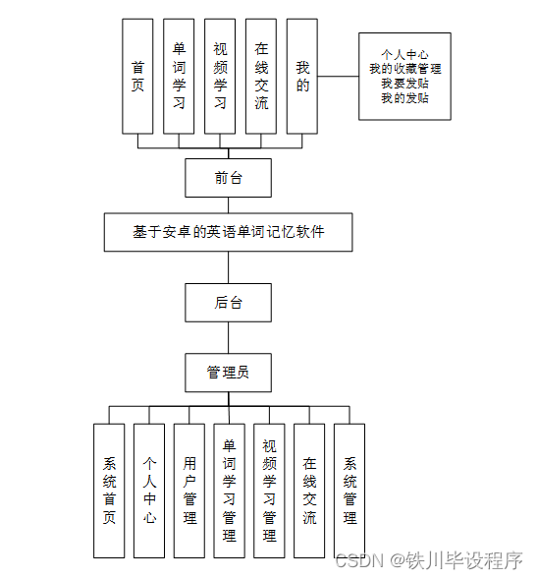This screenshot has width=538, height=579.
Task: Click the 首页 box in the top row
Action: click(x=137, y=77)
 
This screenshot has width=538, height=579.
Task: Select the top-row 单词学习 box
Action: click(x=179, y=77)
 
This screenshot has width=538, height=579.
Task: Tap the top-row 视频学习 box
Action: click(x=220, y=77)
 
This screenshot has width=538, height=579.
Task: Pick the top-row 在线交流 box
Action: click(x=261, y=77)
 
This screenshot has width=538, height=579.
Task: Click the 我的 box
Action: click(x=302, y=77)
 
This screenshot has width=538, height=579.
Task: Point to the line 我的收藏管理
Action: click(x=404, y=69)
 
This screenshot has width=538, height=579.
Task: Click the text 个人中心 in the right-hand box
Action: click(x=404, y=55)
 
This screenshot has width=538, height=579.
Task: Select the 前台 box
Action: click(x=228, y=178)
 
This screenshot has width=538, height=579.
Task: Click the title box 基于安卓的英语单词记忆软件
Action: click(x=228, y=232)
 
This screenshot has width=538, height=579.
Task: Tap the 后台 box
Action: click(x=228, y=303)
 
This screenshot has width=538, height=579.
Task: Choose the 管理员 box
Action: click(x=228, y=373)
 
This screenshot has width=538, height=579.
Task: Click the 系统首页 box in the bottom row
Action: click(x=109, y=491)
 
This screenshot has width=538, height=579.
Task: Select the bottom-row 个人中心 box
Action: click(x=149, y=491)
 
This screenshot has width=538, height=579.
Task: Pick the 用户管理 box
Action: click(x=189, y=491)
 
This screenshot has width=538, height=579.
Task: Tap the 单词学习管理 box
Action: click(x=229, y=491)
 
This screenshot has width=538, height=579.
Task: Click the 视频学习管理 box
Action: click(x=269, y=491)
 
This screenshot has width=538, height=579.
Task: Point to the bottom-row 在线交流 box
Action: click(x=309, y=491)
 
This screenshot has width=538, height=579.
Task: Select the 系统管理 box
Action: click(x=350, y=491)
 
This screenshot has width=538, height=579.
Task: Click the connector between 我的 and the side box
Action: click(x=338, y=76)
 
